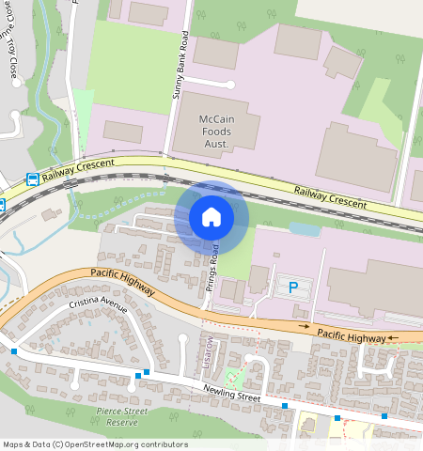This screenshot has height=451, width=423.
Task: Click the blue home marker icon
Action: coord(211,217)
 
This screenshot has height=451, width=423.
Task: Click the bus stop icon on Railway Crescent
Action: coord(32,179)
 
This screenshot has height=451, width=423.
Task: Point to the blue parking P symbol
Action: coord(292,287)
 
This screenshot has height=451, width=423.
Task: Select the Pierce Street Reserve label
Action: coord(122,416)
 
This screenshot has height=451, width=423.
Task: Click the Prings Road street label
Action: coord(214,267)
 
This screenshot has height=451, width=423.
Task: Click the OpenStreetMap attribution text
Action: coord(94,444)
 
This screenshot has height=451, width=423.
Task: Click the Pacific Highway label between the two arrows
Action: coord(351,334)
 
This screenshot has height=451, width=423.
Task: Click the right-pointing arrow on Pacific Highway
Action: coord(303,326)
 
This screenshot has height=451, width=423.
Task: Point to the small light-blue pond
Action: coord(304,228)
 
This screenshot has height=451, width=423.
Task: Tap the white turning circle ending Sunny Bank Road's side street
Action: coord(229,85)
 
